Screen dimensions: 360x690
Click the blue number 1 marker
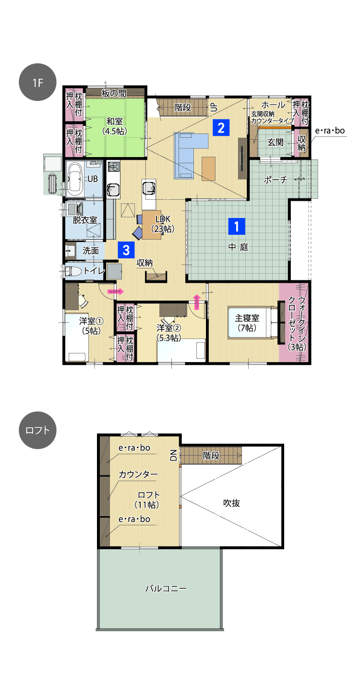237,227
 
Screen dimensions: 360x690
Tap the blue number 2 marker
221,128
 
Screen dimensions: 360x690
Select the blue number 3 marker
126,250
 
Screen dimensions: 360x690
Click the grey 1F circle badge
37,82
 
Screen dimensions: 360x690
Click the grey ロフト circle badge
37,430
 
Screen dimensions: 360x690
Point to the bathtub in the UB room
75,179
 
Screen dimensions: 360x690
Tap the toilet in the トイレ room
73,271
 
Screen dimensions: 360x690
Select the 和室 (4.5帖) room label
114,126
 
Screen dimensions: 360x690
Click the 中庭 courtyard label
238,247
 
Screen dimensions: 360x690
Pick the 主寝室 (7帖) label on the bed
247,323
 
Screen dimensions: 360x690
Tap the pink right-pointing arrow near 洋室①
116,291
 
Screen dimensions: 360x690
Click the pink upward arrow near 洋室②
197,302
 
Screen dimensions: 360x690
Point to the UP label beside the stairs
214,107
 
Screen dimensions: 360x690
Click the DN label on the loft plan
173,455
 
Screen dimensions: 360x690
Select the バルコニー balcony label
166,588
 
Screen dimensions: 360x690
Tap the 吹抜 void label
231,503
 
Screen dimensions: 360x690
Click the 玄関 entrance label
276,142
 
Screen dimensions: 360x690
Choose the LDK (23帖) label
163,224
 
